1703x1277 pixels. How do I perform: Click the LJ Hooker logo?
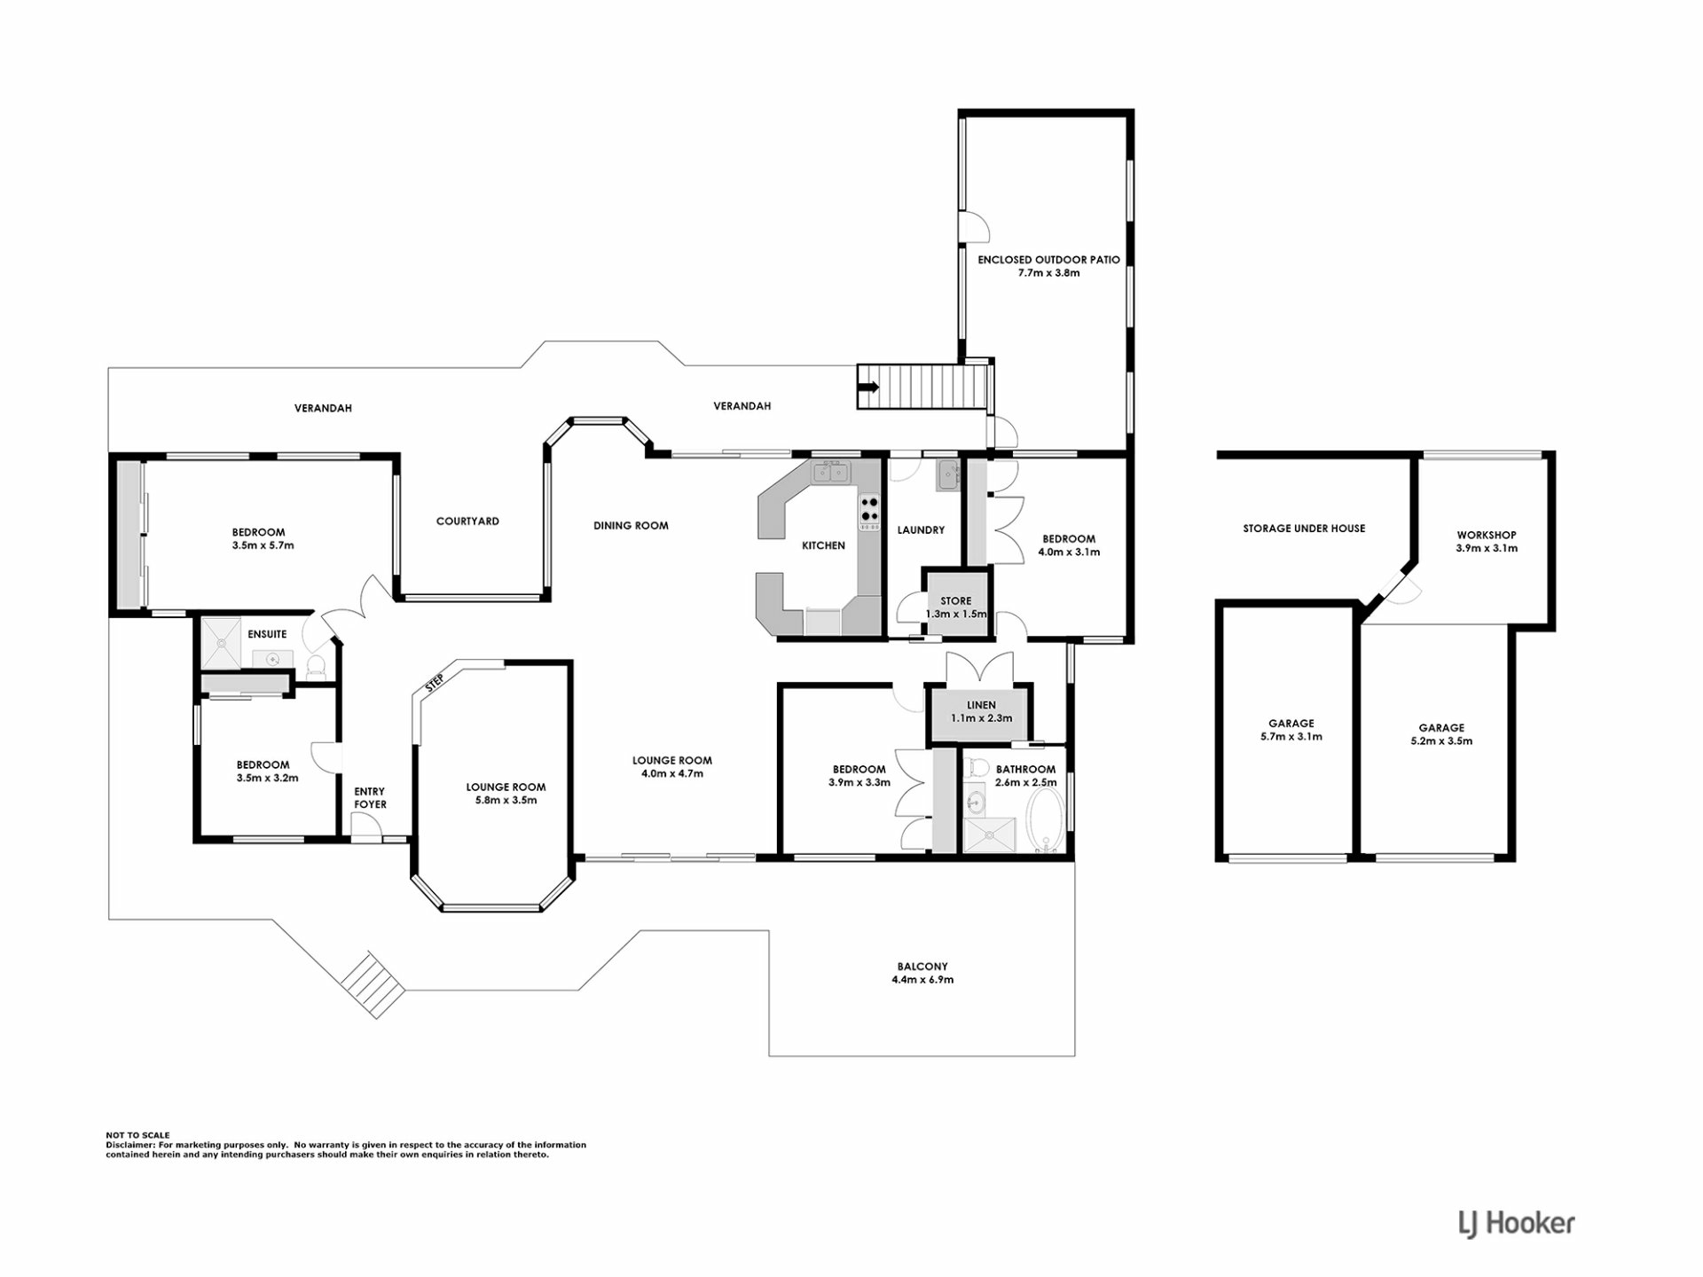1517,1224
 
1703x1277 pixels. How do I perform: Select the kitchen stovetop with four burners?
869,509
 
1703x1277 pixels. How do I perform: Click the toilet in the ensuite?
316,667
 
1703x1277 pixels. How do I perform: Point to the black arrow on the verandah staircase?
868,387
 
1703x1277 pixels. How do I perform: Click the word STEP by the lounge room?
435,683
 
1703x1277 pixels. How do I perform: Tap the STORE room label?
956,601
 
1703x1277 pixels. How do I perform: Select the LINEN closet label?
981,706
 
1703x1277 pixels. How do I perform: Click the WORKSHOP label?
1487,535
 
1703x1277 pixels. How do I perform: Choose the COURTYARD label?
467,521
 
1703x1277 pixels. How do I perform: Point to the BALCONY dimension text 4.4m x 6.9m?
922,980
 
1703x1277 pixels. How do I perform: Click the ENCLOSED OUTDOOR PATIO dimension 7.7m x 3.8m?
1048,273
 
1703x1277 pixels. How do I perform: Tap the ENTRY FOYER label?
370,798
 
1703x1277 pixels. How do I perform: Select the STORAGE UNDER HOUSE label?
1304,529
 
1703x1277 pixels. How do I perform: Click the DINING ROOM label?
631,526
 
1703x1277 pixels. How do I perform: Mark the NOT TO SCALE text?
137,1135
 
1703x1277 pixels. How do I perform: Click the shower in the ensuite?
220,643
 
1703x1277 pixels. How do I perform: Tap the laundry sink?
947,476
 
